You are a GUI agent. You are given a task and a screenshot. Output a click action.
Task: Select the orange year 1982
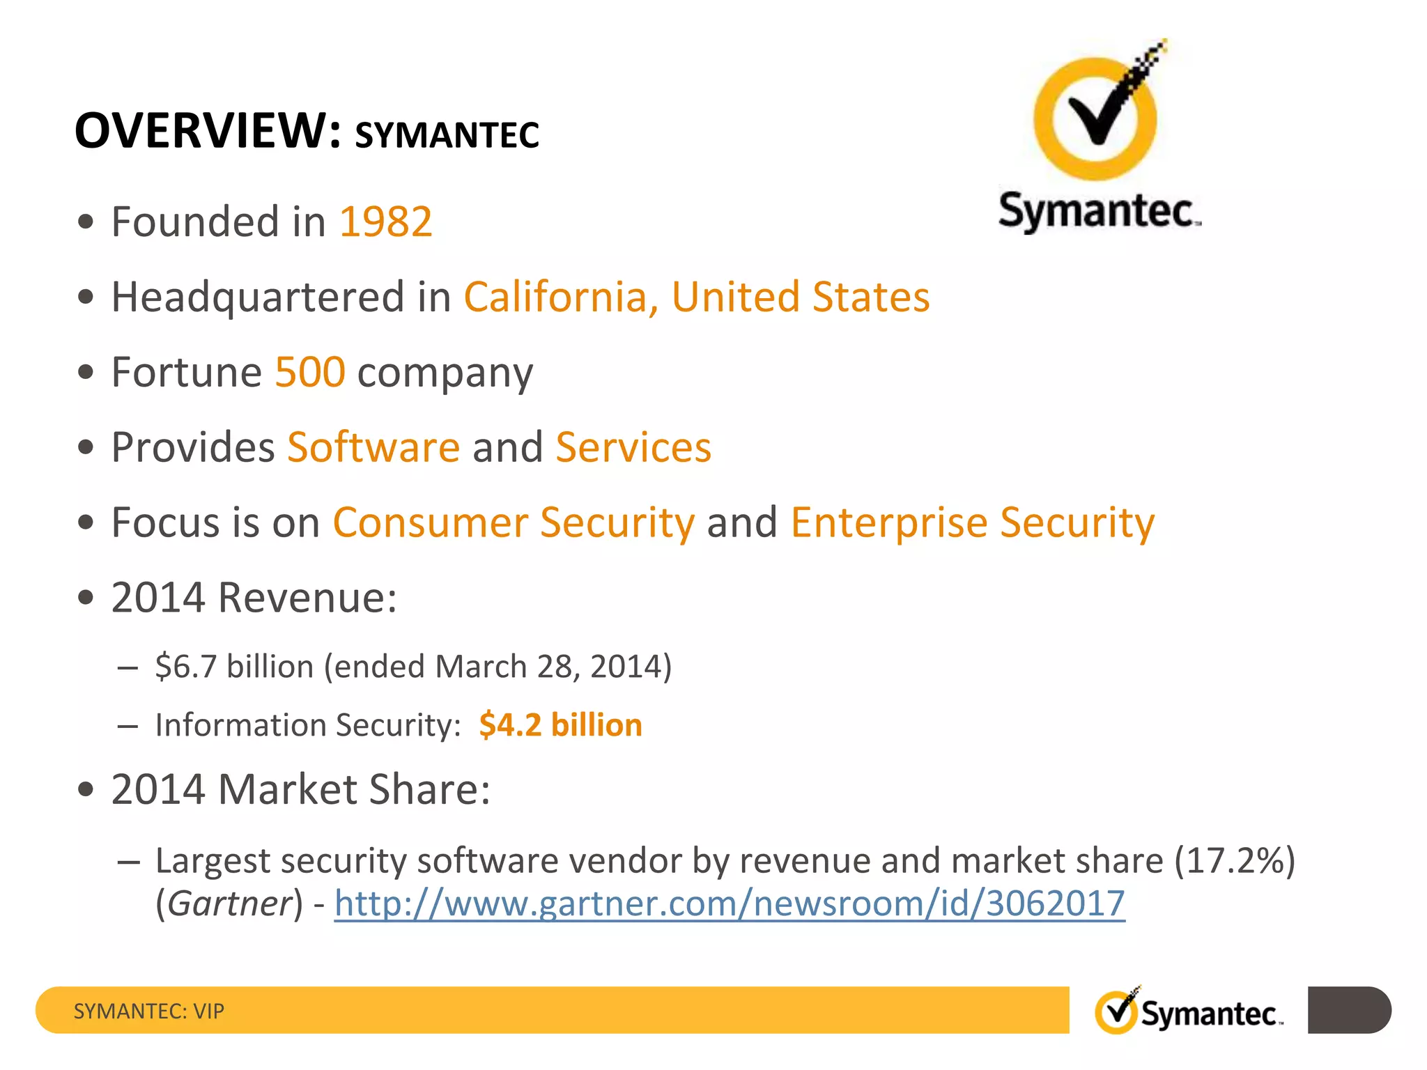pyautogui.click(x=385, y=222)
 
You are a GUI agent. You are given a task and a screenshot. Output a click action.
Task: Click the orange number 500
pyautogui.click(x=310, y=372)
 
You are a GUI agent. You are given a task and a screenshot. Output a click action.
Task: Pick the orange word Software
pyautogui.click(x=373, y=447)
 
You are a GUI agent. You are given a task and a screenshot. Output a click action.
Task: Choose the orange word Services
pyautogui.click(x=633, y=447)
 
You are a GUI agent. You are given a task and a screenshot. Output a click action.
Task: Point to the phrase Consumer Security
pyautogui.click(x=514, y=522)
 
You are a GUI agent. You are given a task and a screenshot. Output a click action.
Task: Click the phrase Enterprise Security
pyautogui.click(x=973, y=522)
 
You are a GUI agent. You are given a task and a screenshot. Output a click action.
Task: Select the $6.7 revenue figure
pyautogui.click(x=186, y=667)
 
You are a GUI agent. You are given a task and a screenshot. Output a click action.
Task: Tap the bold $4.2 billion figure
pyautogui.click(x=560, y=725)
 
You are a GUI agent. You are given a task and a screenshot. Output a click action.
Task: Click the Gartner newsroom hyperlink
pyautogui.click(x=730, y=904)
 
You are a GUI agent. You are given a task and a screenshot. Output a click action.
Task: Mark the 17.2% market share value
pyautogui.click(x=1235, y=861)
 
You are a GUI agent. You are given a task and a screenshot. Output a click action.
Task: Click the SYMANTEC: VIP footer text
pyautogui.click(x=149, y=1011)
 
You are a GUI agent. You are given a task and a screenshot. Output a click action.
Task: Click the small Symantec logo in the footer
pyautogui.click(x=1189, y=1011)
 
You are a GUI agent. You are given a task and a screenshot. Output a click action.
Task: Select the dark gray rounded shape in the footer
pyautogui.click(x=1349, y=1010)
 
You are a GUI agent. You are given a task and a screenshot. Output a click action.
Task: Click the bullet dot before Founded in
pyautogui.click(x=86, y=222)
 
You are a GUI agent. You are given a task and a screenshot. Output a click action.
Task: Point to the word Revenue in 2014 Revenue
pyautogui.click(x=307, y=598)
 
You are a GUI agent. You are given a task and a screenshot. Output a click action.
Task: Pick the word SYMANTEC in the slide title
pyautogui.click(x=447, y=135)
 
